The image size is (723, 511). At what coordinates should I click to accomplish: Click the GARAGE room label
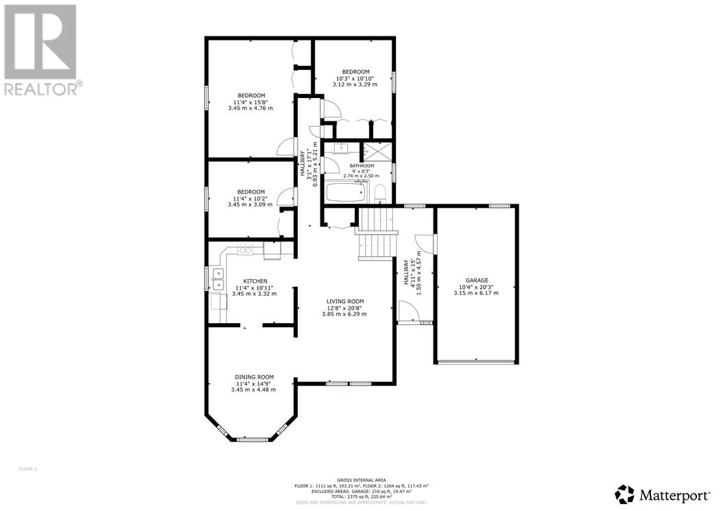477,280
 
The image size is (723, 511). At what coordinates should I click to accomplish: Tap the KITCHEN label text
254,281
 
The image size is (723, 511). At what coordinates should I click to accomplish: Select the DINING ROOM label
254,377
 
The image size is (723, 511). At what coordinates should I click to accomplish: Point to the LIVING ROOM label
344,301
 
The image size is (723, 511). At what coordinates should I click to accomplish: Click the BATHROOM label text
361,166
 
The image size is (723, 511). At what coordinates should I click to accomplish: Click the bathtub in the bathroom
346,192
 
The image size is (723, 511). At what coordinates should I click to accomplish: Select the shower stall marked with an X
377,150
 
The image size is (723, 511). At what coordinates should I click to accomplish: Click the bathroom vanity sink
341,148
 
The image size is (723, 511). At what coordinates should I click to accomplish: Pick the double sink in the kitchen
218,280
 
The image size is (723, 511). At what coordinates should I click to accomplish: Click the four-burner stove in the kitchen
246,248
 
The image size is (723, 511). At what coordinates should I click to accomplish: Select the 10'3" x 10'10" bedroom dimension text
356,78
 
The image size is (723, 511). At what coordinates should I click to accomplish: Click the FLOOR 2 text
27,469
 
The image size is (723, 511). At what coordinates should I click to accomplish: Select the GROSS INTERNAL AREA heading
361,480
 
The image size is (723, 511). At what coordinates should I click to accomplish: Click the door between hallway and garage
433,243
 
